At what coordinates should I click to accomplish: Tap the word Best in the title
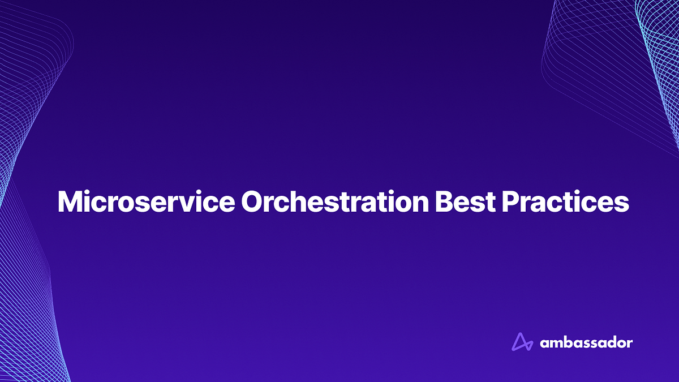point(457,202)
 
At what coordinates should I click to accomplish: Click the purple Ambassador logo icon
point(522,342)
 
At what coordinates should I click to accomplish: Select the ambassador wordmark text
point(586,342)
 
